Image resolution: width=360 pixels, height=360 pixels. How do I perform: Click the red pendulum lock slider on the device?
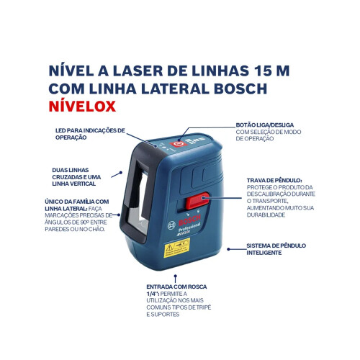tap(197, 202)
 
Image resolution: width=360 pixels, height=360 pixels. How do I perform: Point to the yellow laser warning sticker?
tap(176, 248)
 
